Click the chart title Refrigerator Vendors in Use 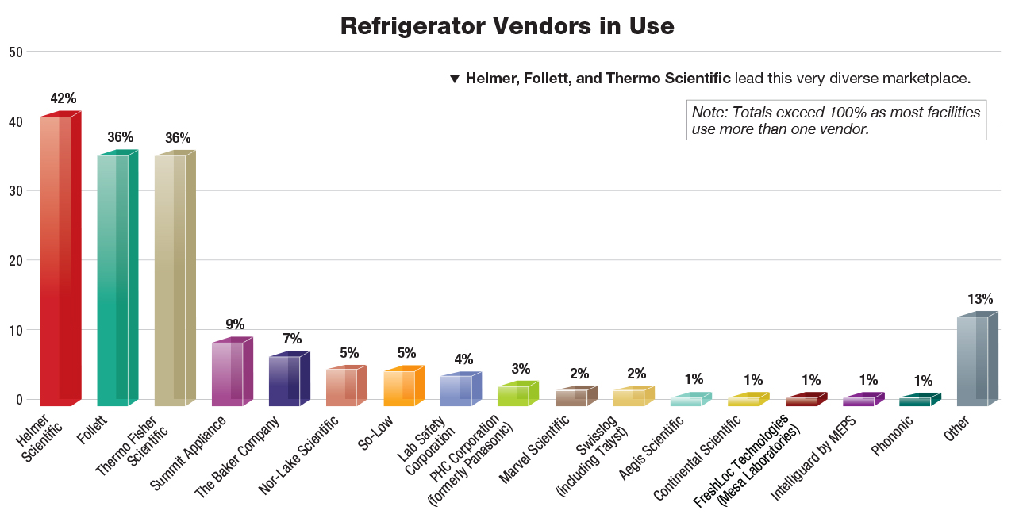(507, 26)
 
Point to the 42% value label (63, 98)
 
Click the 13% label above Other (979, 299)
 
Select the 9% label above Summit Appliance (235, 324)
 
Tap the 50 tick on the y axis (14, 52)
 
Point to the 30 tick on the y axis (14, 190)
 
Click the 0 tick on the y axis (18, 399)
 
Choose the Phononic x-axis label (892, 436)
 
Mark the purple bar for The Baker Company (284, 381)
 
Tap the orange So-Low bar (398, 388)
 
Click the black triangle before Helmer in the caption (455, 79)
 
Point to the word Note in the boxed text (708, 113)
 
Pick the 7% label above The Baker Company (292, 339)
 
